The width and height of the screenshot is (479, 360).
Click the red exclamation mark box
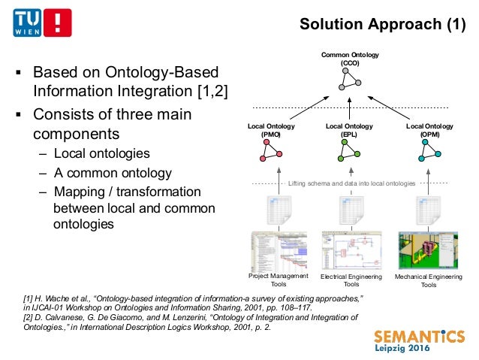pos(58,23)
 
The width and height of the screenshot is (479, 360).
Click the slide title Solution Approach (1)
pos(383,25)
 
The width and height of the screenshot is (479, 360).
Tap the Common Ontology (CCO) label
pos(350,59)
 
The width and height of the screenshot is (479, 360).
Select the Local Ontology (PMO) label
pos(271,131)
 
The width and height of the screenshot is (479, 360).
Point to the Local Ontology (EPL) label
pos(349,131)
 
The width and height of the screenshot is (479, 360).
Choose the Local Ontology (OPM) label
pos(429,131)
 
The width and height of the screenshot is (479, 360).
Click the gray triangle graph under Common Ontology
pos(349,80)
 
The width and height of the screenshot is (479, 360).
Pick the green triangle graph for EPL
pos(349,152)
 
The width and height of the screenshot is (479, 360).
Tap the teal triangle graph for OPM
pos(429,152)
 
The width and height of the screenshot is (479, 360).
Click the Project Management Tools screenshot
pos(279,250)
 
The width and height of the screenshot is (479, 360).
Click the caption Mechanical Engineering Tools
pos(428,280)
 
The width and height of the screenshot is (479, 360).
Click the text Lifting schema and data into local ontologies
pos(351,183)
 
